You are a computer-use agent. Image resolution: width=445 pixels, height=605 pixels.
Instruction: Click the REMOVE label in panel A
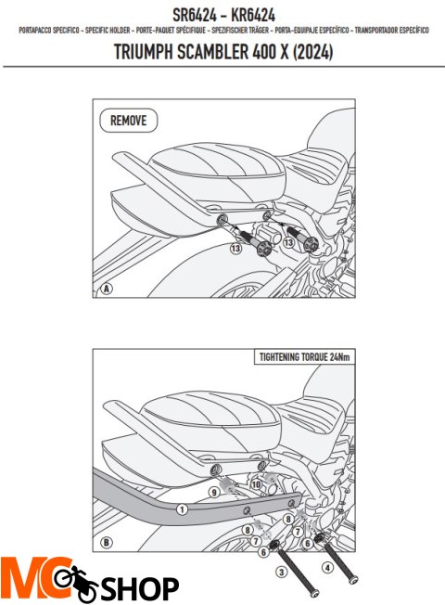(x=129, y=121)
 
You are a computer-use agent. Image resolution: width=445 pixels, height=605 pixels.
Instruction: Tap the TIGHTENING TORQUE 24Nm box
(x=305, y=357)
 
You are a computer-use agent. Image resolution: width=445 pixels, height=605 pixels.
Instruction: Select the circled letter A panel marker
(x=107, y=289)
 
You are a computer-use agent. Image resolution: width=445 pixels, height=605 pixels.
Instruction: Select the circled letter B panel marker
(x=107, y=543)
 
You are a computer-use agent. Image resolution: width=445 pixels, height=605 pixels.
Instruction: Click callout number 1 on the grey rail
(x=182, y=509)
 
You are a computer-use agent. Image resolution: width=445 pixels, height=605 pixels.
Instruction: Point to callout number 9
(x=213, y=492)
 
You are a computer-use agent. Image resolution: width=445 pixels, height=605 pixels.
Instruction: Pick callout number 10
(x=256, y=484)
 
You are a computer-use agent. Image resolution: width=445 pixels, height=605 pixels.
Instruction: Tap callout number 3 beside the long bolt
(x=282, y=572)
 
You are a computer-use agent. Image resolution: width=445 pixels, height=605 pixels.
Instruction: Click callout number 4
(x=327, y=568)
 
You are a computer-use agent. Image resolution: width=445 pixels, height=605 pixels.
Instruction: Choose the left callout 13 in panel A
(x=236, y=248)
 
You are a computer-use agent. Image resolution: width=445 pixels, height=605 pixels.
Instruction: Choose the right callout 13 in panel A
(x=288, y=243)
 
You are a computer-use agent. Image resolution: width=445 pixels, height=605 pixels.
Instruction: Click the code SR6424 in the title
(x=194, y=16)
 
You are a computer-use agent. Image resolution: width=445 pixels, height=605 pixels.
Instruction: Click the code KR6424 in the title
(x=253, y=16)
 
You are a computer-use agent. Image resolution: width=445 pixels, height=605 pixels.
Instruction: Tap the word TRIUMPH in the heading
(x=143, y=52)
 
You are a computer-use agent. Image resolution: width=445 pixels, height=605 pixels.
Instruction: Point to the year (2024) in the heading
(x=312, y=52)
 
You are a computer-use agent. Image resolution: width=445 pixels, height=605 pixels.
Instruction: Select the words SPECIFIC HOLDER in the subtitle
(x=108, y=30)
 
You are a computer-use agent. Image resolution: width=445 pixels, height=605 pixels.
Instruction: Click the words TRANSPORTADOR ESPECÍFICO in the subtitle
(x=391, y=30)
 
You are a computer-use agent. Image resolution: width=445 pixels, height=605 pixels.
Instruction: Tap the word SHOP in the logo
(x=140, y=588)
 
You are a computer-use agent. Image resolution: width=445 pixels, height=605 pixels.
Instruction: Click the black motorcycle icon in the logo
(x=76, y=583)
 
